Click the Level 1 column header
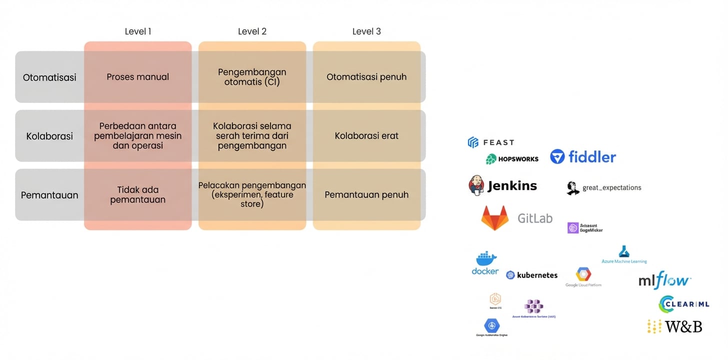coord(138,31)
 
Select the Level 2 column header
coord(252,31)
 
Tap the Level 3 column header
coord(366,31)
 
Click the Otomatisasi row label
coord(49,77)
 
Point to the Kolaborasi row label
coord(49,136)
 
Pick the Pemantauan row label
coord(49,195)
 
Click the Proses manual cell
coord(138,77)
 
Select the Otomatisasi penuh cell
coord(366,77)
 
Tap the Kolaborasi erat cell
coord(366,136)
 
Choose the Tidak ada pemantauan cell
coord(138,194)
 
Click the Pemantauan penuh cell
coord(366,195)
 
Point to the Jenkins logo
coord(502,185)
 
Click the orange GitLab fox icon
coord(495,218)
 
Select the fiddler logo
coord(583,157)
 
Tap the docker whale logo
coord(485,263)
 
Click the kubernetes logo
coord(531,275)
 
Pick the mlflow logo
coord(664,280)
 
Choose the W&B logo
coord(674,326)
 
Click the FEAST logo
coord(490,142)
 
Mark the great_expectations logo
coord(604,188)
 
